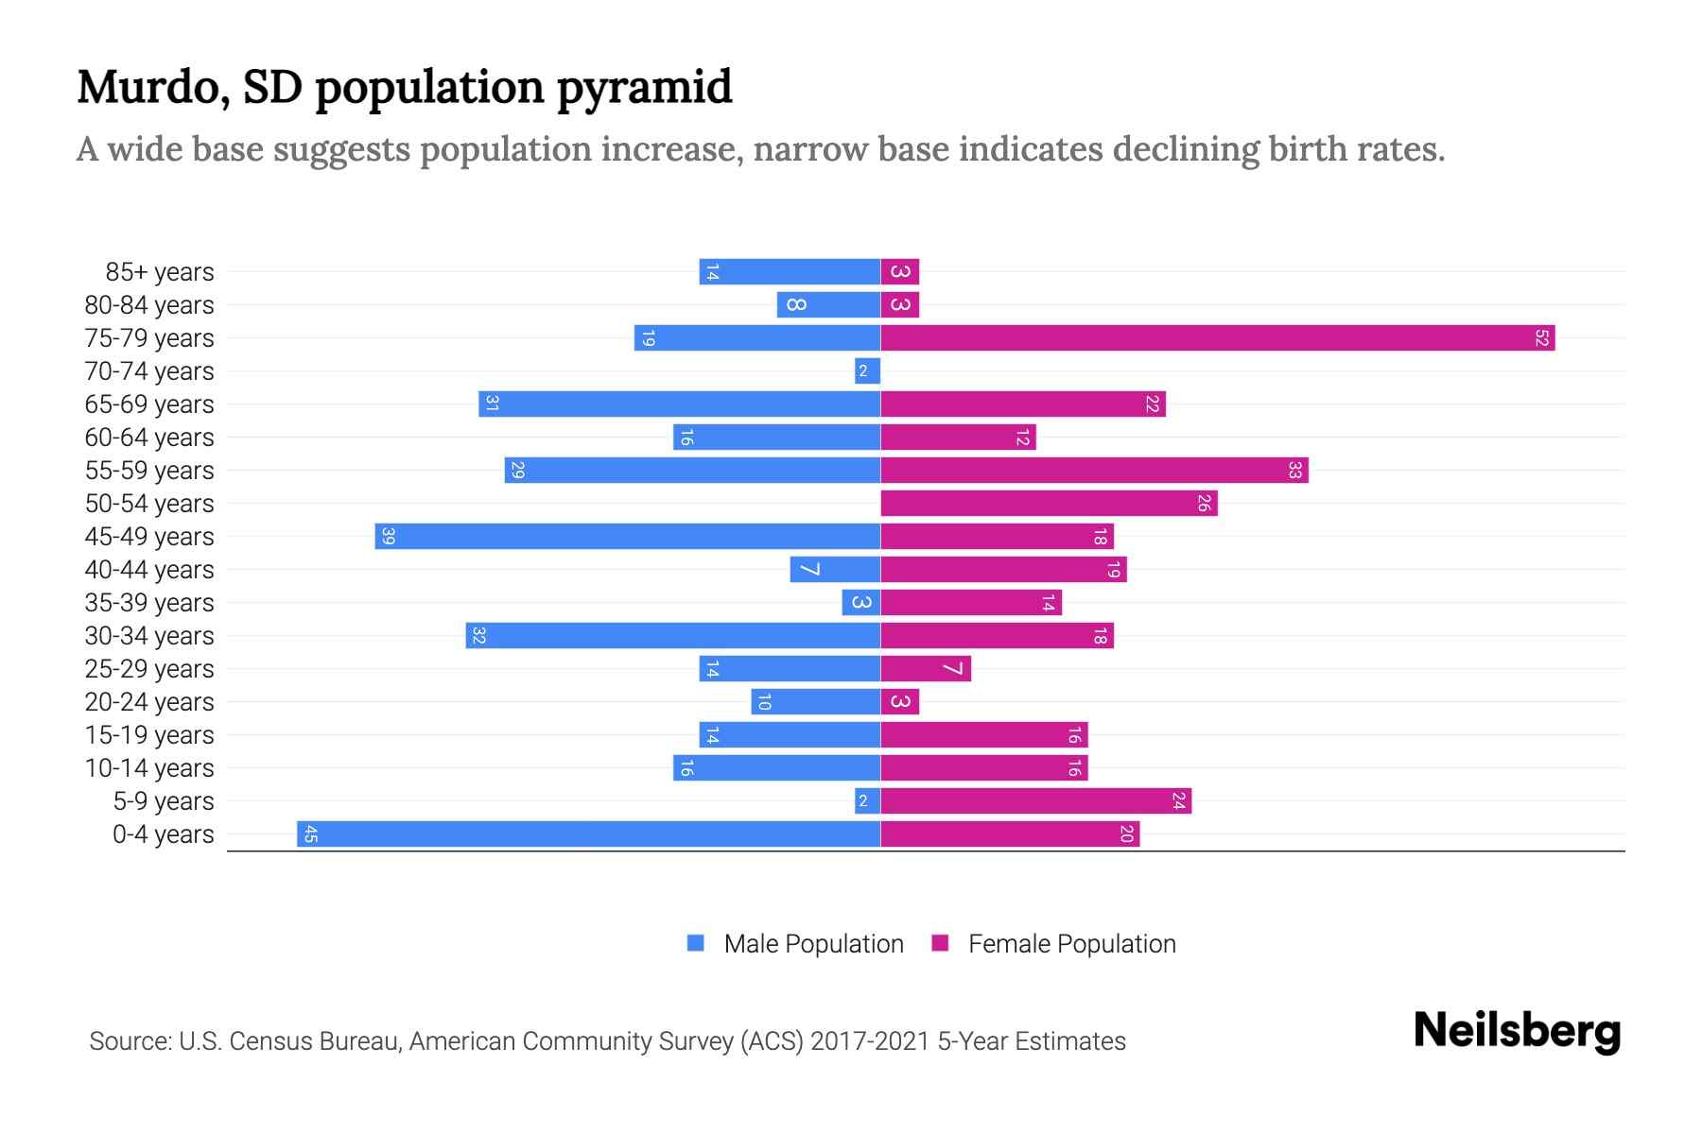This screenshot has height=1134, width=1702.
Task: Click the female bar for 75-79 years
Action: [1217, 337]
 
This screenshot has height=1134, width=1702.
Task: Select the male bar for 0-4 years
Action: [588, 833]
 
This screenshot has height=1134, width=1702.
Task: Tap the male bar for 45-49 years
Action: [627, 536]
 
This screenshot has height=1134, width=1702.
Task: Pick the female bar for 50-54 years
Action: [1049, 503]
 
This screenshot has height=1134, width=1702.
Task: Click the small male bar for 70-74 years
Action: [867, 370]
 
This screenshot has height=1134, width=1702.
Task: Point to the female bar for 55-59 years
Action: [1094, 470]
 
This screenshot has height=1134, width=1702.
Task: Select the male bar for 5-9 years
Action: [867, 800]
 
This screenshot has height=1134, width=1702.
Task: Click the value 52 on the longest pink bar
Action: [1541, 337]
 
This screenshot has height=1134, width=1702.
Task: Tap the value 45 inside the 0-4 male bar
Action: [310, 833]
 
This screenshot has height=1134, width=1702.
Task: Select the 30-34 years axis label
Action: [149, 636]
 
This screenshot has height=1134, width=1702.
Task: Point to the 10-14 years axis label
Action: [149, 768]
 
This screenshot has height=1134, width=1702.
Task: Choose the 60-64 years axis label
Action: [149, 438]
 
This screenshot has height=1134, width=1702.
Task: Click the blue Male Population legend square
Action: [696, 943]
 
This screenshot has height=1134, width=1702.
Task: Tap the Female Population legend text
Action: [1071, 943]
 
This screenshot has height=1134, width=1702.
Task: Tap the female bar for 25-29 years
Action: [925, 668]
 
